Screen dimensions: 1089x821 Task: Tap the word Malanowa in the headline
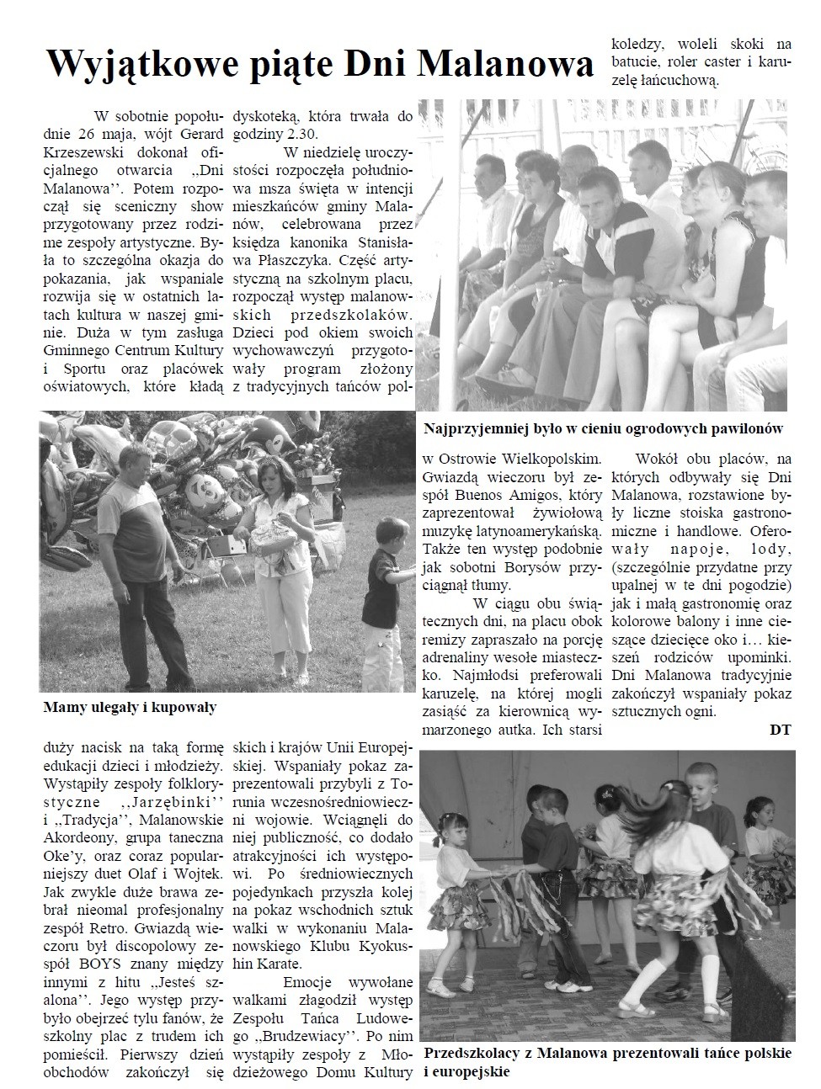click(x=504, y=64)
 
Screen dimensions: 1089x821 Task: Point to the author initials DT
click(x=781, y=730)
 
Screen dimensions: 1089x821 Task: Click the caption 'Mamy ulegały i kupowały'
click(x=130, y=708)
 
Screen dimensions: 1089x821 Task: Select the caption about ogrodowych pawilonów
click(x=604, y=428)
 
